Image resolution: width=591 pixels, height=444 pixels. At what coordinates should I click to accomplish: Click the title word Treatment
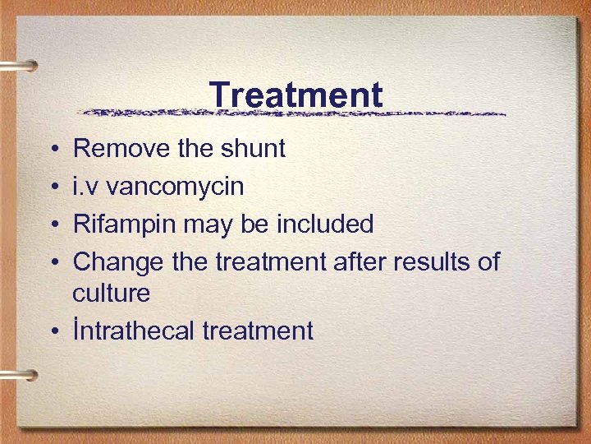295,95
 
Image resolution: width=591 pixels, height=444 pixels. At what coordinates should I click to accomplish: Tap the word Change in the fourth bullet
119,261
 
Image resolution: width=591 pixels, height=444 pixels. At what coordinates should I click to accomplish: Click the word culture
112,293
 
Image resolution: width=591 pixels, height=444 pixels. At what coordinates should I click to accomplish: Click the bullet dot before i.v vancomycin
53,187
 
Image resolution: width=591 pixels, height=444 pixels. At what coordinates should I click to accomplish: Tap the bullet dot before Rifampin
53,224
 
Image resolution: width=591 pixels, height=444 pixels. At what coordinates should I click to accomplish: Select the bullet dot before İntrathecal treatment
53,331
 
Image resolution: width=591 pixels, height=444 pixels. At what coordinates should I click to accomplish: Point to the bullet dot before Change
53,262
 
